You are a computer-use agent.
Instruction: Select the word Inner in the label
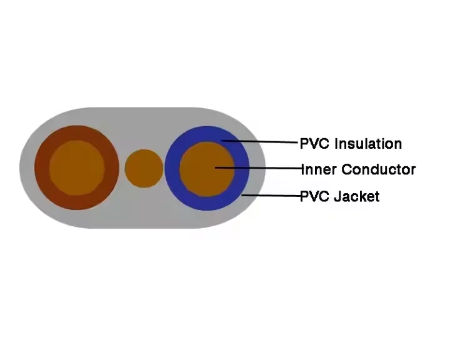click(x=319, y=169)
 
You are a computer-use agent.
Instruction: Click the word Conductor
click(x=379, y=169)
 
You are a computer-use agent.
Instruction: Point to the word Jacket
click(x=357, y=196)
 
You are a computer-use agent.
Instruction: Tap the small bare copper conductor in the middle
click(x=144, y=169)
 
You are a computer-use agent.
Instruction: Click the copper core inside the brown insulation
click(x=77, y=168)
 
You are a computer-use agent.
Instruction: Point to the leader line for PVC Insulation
click(x=260, y=141)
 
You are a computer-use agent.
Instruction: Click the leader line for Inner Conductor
click(x=258, y=168)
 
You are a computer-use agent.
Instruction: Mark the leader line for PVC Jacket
click(x=271, y=196)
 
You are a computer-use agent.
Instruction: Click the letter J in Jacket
click(x=339, y=197)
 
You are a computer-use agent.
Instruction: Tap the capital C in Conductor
click(x=347, y=169)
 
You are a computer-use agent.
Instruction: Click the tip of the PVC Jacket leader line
click(x=242, y=195)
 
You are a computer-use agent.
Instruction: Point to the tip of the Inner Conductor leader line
click(x=215, y=167)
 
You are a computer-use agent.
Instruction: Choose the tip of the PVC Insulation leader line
click(x=222, y=141)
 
